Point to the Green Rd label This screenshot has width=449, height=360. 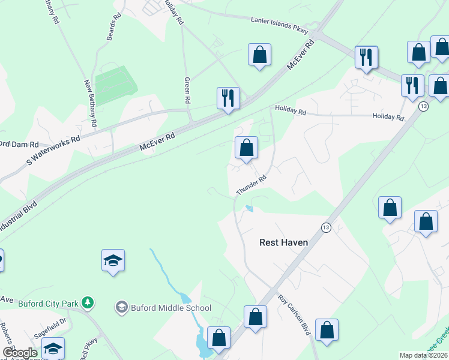point(187,89)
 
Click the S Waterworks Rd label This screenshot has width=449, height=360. point(53,150)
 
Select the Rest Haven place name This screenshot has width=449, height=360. point(283,242)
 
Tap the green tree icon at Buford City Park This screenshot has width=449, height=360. point(88,302)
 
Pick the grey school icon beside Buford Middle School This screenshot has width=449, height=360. point(122,308)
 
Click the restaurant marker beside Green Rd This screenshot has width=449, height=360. point(228,97)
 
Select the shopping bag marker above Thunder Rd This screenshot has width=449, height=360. point(246,148)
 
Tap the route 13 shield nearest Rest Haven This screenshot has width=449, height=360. point(326,227)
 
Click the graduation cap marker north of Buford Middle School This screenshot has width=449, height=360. point(113,260)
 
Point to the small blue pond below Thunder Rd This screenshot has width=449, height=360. point(249,209)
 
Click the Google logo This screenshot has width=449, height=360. point(20,353)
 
